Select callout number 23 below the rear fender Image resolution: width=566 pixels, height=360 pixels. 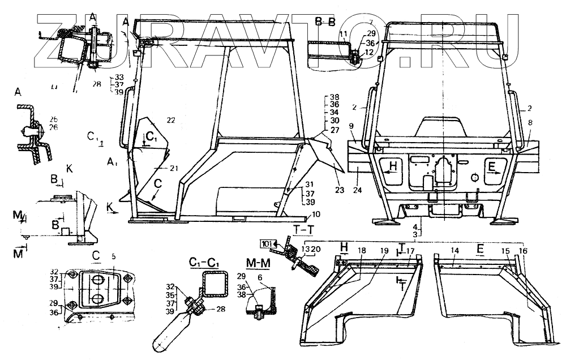(339, 190)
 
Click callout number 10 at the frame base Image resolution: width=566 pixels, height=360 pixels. (315, 214)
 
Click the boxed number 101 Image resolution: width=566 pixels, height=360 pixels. (267, 243)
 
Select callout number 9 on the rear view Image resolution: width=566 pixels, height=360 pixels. (351, 126)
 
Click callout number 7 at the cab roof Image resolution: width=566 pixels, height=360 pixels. (387, 22)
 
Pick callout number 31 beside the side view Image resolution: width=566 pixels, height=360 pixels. (309, 184)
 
